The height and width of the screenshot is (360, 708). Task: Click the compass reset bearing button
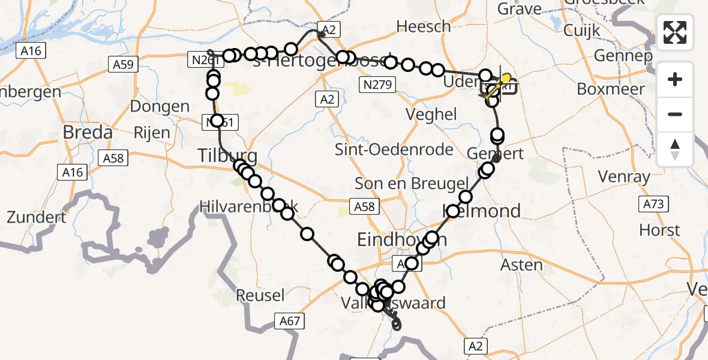pos(675,149)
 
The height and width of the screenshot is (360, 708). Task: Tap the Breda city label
pos(88,132)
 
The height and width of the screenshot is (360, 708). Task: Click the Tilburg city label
pos(228,157)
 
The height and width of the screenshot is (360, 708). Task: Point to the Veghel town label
pos(431,115)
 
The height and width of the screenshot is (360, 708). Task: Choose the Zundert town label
pos(36,217)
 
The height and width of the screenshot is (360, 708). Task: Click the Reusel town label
pos(260,295)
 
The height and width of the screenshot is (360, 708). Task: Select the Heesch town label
pos(424,26)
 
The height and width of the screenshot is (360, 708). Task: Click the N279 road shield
pos(378,85)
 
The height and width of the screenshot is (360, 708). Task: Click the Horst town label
pos(659,230)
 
